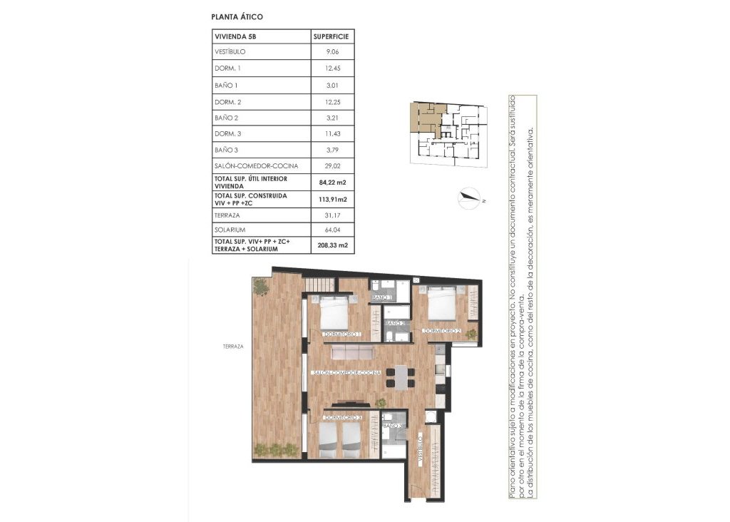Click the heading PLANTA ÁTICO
tap(238, 16)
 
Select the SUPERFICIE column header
tap(334, 36)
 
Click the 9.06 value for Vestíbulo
tap(334, 52)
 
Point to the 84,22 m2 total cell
tap(334, 182)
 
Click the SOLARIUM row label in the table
tap(229, 230)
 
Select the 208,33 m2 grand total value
tap(334, 245)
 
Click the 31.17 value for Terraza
tap(334, 214)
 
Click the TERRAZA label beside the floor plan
tap(232, 347)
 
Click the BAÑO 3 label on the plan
tap(393, 426)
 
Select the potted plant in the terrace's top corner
tap(261, 286)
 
